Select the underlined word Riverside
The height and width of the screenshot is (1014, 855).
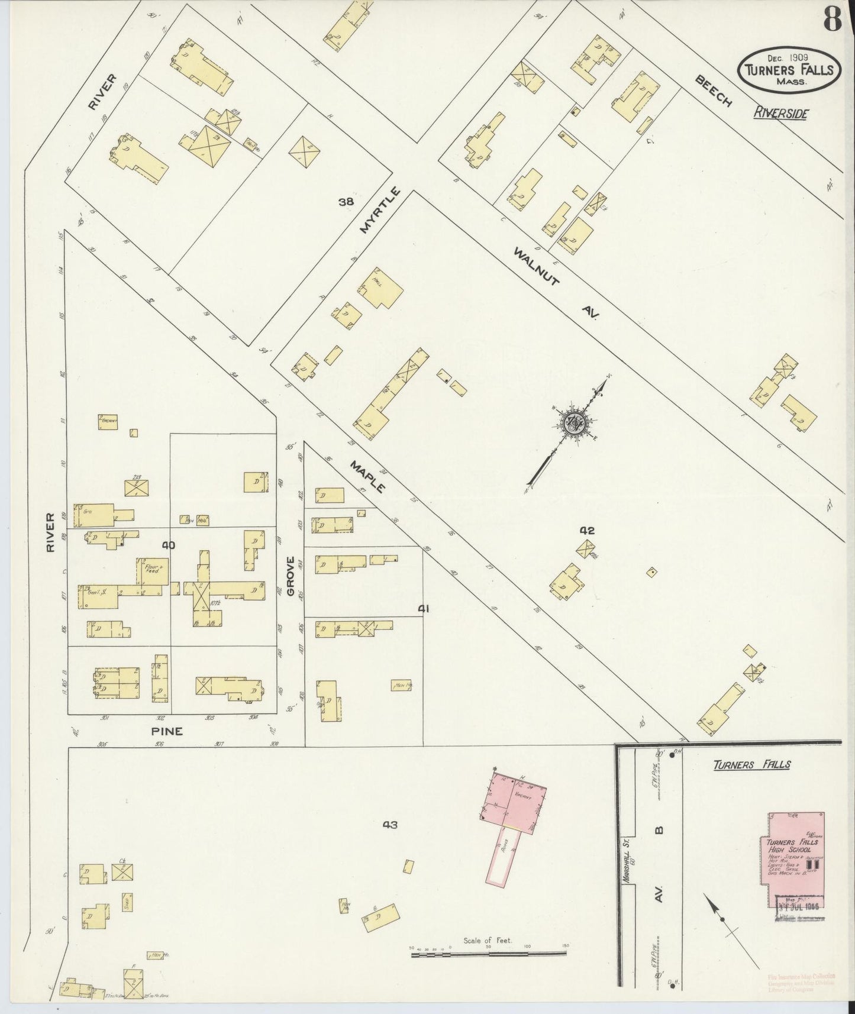[x=780, y=113]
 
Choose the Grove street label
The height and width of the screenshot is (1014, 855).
[x=291, y=579]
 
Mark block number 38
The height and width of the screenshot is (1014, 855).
[x=346, y=202]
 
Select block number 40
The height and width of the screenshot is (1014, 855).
[x=169, y=545]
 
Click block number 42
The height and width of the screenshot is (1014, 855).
[x=586, y=531]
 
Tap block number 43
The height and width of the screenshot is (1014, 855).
[x=389, y=824]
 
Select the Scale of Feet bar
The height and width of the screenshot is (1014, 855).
[x=489, y=952]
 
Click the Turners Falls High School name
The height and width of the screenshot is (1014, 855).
[x=791, y=845]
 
